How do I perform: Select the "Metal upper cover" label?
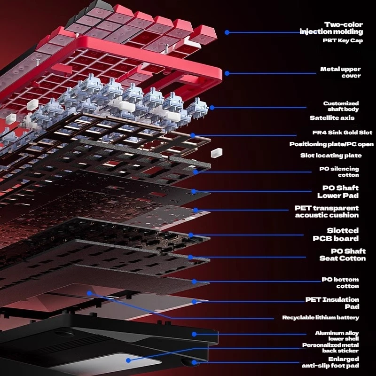coord(340,72)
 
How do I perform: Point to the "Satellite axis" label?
coord(332,117)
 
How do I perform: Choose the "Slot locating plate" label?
coord(331,155)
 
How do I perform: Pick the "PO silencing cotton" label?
coord(339,172)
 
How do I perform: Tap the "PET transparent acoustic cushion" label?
coord(327,211)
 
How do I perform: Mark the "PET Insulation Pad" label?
coord(332,303)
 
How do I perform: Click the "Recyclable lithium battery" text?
coord(321,318)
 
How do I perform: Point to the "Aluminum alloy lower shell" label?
coord(337,336)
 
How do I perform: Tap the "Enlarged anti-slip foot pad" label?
coord(330,362)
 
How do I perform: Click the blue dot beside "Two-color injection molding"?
coord(227,32)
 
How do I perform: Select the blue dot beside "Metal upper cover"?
coord(227,73)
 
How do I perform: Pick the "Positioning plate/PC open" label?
coord(331,144)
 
